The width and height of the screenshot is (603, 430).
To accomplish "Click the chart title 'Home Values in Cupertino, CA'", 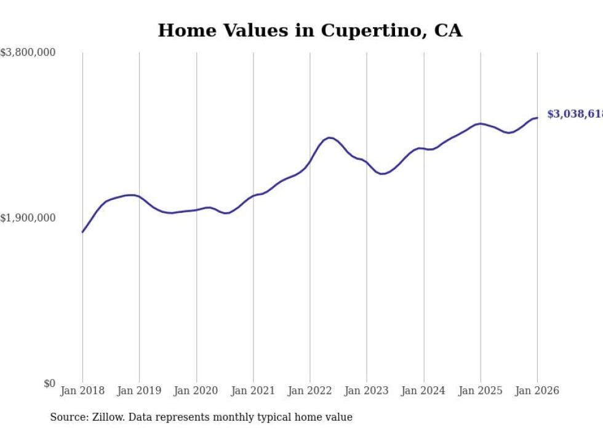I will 309,30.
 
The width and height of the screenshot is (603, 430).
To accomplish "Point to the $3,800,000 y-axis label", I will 28,53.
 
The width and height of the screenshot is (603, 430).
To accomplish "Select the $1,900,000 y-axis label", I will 28,218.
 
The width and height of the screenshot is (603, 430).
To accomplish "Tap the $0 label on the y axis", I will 49,384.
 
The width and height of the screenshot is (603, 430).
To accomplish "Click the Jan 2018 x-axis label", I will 82,391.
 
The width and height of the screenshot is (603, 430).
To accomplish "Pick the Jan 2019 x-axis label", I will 139,391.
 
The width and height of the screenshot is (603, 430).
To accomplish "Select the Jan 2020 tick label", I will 196,391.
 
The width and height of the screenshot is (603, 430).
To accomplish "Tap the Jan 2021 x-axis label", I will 253,391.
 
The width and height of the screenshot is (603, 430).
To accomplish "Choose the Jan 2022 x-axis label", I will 310,391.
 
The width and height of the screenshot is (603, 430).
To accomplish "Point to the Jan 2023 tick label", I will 367,391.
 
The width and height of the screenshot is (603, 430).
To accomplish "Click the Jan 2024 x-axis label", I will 423,391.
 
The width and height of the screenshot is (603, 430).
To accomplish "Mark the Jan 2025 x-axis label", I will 481,391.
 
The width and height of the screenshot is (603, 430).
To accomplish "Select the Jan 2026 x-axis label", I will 537,391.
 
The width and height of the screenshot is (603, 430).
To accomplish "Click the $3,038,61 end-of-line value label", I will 574,114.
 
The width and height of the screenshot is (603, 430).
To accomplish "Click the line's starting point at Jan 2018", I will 82,232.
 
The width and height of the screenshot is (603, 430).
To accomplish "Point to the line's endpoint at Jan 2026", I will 537,118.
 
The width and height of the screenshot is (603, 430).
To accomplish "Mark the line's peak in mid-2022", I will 330,138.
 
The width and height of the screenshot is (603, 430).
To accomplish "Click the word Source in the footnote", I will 67,417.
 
